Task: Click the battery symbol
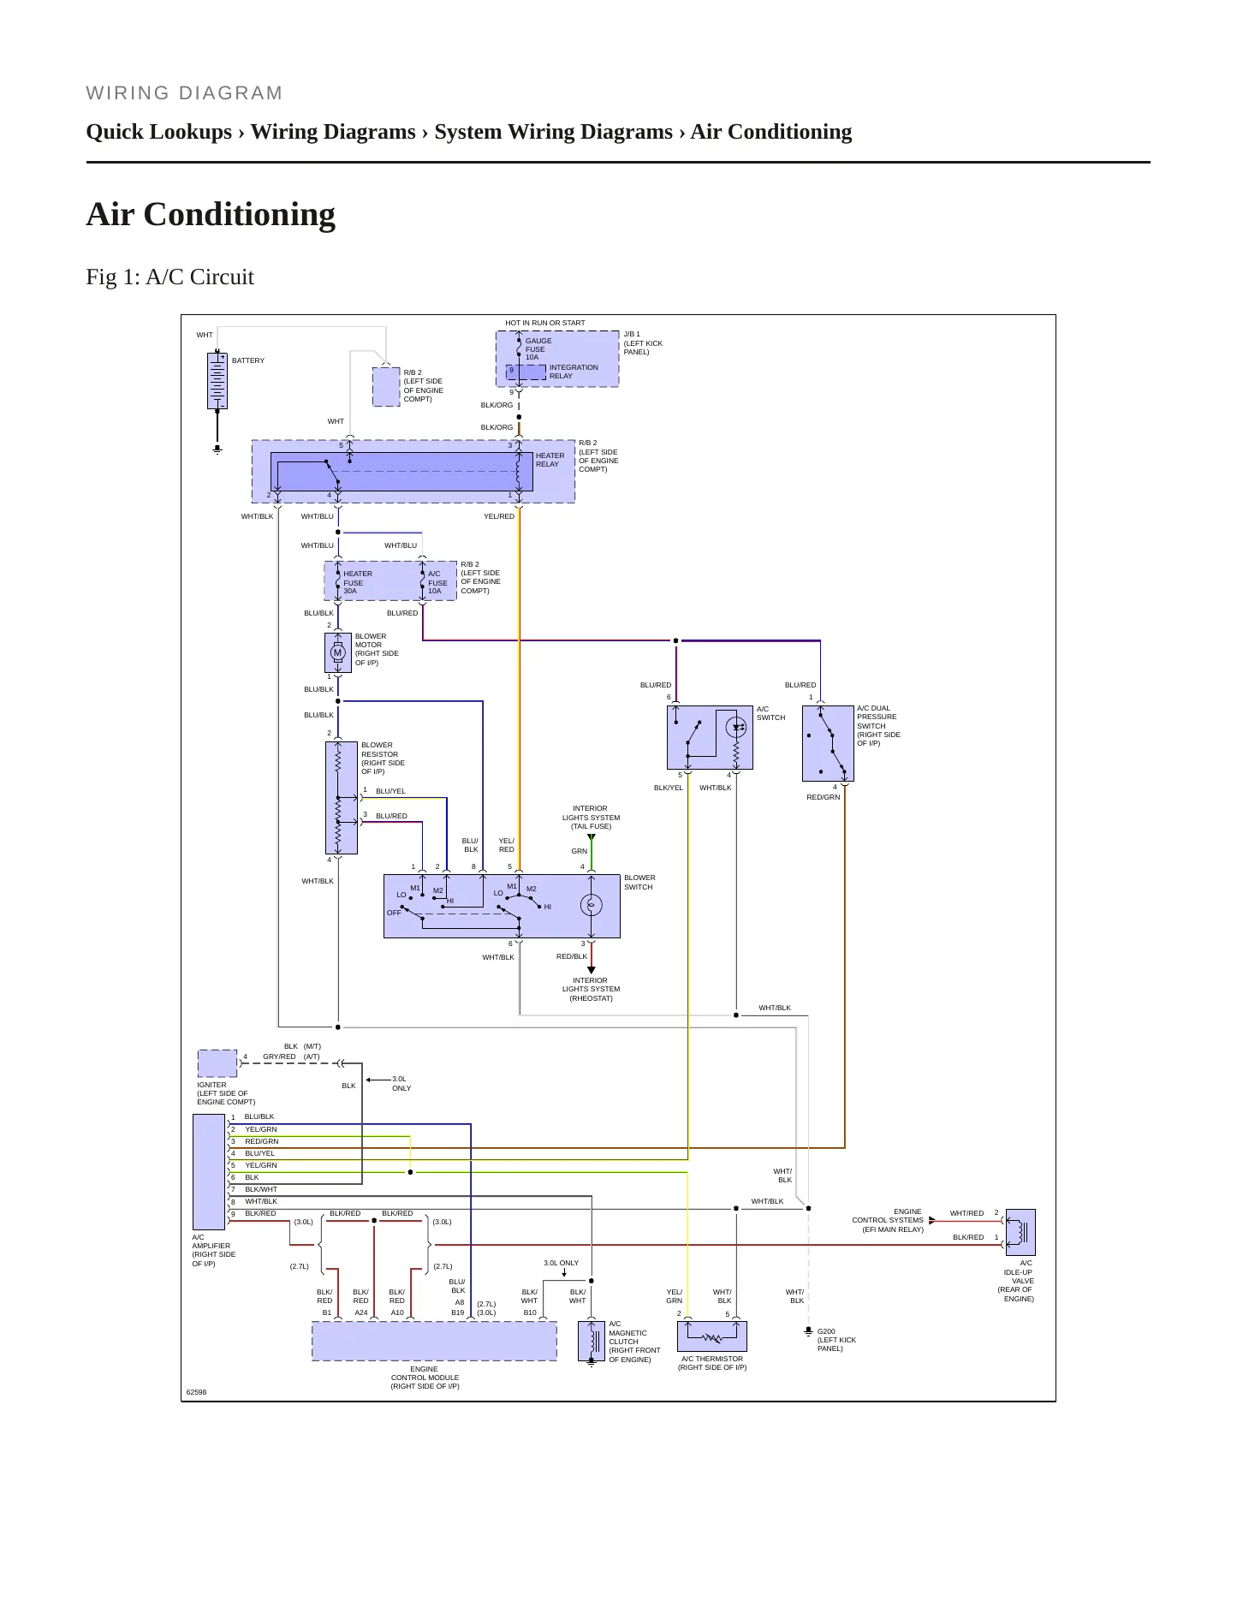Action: (217, 381)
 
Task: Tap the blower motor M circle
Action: (338, 652)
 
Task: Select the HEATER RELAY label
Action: (550, 460)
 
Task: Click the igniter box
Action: (217, 1063)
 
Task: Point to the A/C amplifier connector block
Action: (209, 1171)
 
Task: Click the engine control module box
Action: (434, 1341)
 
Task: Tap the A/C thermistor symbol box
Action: (712, 1336)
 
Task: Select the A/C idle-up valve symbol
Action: (1020, 1232)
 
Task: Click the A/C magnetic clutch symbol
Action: (592, 1341)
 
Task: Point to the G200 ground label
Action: (826, 1331)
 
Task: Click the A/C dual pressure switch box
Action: (828, 743)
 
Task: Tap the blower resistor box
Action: (342, 798)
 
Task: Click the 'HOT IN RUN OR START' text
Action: (545, 323)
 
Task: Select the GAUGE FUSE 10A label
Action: (538, 348)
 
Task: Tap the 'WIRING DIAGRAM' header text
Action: (184, 93)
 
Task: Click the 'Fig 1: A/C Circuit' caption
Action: (170, 277)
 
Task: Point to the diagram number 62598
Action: (197, 1392)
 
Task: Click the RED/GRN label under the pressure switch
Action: (824, 797)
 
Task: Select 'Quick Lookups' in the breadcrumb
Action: (159, 132)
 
